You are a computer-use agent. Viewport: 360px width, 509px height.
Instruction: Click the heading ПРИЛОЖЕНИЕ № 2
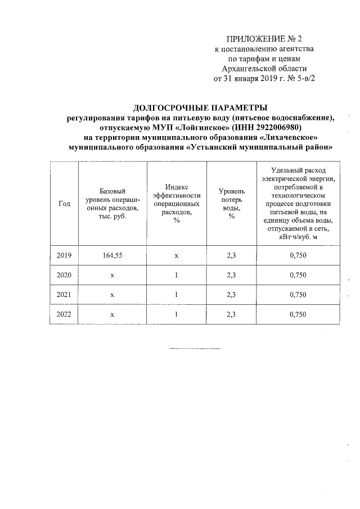click(x=264, y=39)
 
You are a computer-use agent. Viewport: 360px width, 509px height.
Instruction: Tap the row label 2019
click(x=64, y=255)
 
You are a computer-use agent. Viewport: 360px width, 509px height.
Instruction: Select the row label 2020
click(x=64, y=275)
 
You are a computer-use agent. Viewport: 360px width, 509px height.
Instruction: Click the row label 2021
click(x=64, y=295)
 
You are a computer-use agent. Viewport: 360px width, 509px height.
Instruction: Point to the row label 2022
click(x=64, y=314)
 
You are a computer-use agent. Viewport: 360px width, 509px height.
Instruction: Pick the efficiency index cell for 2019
click(x=176, y=255)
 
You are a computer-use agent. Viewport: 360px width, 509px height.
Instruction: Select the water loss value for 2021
click(x=231, y=295)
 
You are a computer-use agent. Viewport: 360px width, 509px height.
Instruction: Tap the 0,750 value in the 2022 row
click(x=298, y=314)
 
